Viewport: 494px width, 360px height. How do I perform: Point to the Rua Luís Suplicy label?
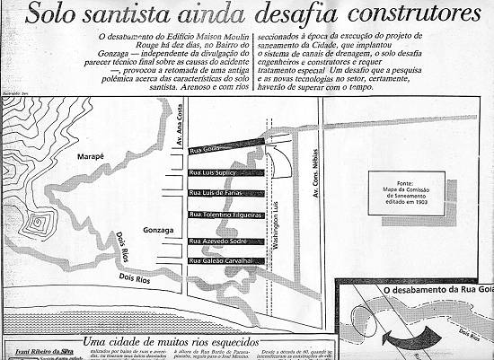[213, 171]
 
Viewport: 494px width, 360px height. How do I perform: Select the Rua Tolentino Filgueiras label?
[225, 215]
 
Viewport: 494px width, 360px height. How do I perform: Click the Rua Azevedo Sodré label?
[216, 241]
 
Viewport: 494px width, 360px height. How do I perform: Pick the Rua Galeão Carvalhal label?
[220, 261]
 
